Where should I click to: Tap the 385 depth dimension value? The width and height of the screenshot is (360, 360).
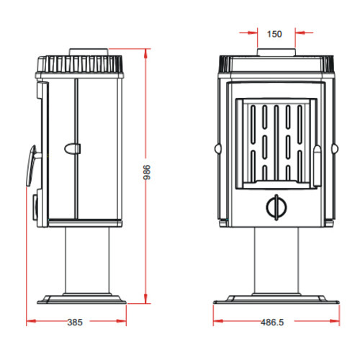76,323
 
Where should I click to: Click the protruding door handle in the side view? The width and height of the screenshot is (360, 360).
31,164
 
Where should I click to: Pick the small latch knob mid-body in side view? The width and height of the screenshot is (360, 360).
73,148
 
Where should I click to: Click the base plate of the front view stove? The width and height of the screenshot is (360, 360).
276,297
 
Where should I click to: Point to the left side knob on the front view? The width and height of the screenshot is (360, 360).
216,149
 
